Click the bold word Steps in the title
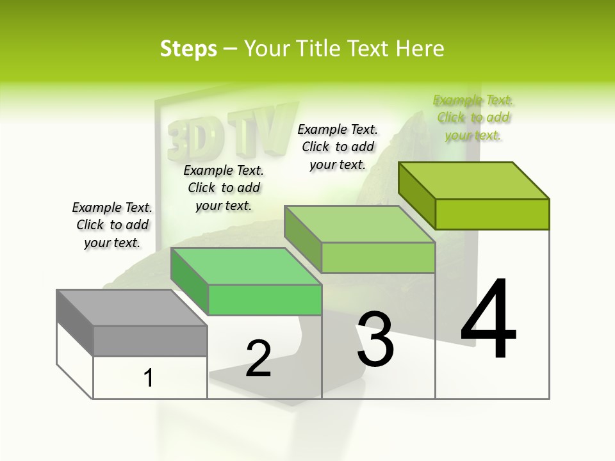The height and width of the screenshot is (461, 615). point(188,48)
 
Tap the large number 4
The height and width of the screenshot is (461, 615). point(488,320)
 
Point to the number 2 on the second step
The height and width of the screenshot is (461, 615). point(258,359)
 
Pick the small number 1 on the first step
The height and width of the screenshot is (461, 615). point(149,378)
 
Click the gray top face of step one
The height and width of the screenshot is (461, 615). point(132,307)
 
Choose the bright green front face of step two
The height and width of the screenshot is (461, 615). point(265,300)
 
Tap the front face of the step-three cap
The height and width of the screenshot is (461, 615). point(378,257)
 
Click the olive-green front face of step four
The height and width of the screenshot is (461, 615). point(492,214)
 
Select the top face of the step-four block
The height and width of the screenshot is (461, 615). point(474,180)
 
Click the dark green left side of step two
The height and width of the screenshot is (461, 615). point(190,280)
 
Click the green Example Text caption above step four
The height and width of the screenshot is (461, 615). point(473,117)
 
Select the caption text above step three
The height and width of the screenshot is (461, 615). point(338,147)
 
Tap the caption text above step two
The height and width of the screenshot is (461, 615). point(224,188)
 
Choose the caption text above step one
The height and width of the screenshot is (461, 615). point(112,225)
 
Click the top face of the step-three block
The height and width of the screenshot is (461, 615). point(359,224)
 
